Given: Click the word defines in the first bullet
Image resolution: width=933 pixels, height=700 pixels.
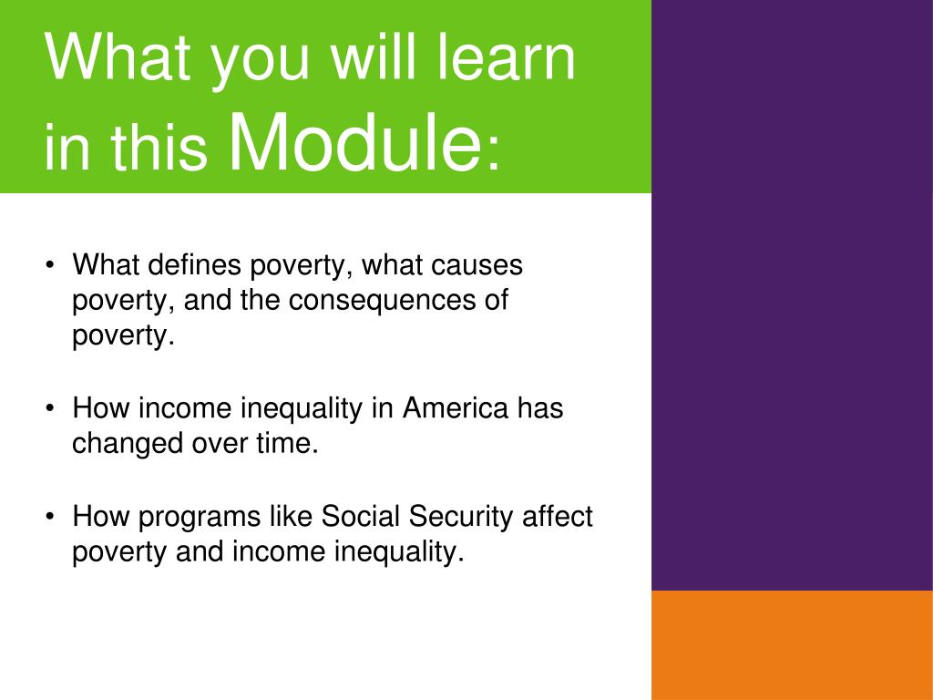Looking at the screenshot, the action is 194,264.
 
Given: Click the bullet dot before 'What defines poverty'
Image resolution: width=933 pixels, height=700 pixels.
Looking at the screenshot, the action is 50,264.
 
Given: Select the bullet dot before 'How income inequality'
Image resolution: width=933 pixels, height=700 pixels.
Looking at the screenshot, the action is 50,408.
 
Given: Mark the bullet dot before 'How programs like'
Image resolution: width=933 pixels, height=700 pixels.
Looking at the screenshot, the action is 50,516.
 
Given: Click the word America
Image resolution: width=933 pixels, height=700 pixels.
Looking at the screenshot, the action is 456,408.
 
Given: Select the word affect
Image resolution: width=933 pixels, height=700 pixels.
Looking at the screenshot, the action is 557,516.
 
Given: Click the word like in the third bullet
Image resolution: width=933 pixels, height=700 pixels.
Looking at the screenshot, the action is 291,516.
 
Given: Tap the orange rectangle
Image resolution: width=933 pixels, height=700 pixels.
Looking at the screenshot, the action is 792,645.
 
